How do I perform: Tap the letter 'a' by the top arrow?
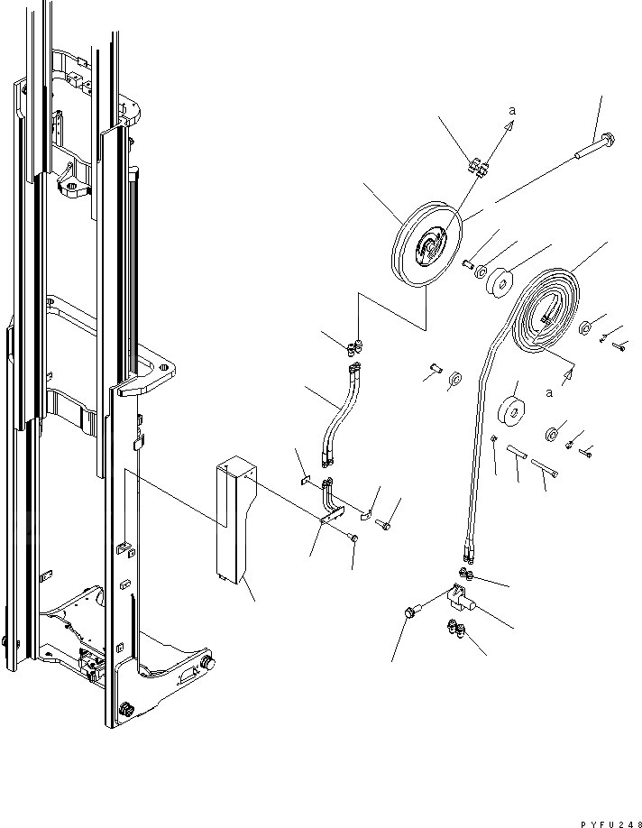[x=512, y=110]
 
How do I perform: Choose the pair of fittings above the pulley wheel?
[x=477, y=168]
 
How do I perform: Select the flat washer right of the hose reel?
[x=585, y=327]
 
